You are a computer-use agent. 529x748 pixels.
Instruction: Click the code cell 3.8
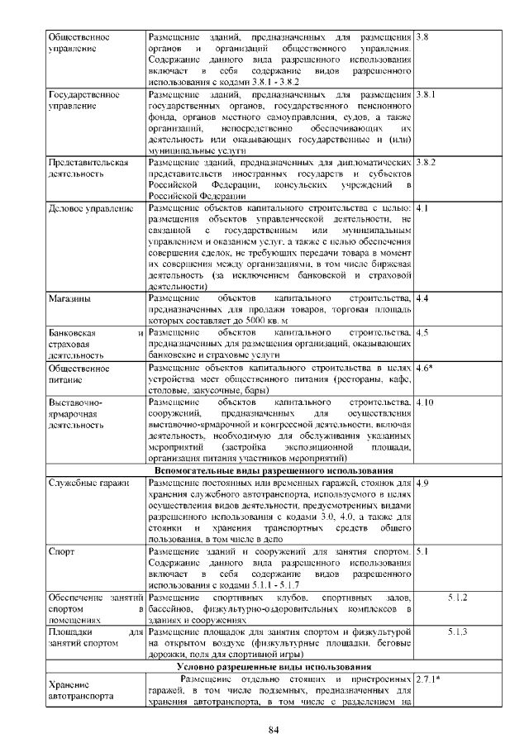point(422,38)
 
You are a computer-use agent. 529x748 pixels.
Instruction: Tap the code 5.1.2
point(458,596)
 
